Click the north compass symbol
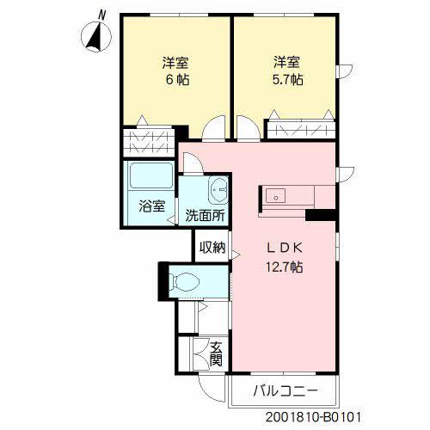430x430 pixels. pos(96,37)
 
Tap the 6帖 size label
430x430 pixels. pos(178,79)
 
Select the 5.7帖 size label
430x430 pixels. pos(287,79)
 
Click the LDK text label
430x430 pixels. pos(285,248)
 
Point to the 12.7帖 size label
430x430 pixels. pos(285,267)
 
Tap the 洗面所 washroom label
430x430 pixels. pos(205,216)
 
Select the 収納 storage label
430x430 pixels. pos(212,247)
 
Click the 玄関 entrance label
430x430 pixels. pos(216,354)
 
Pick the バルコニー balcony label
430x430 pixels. pos(286,390)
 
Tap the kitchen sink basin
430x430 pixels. pos(275,196)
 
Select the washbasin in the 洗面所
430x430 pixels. pos(219,189)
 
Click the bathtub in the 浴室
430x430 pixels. pos(151,176)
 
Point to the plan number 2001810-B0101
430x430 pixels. pos(313,417)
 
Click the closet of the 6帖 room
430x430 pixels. pos(149,141)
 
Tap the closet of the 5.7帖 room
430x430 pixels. pos(301,130)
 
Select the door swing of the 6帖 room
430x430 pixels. pos(213,127)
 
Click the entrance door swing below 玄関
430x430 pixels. pos(212,389)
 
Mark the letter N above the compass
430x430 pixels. pos(101,15)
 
